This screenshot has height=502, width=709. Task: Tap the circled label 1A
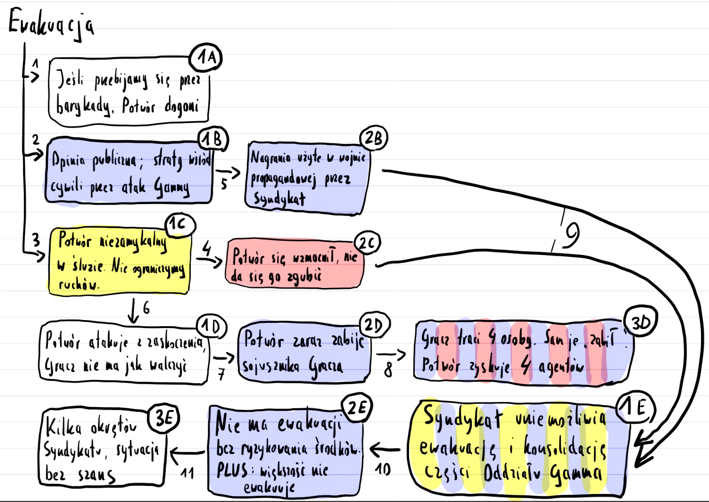coord(206,58)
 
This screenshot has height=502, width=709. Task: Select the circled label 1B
coord(213,139)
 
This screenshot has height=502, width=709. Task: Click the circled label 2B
coord(373,138)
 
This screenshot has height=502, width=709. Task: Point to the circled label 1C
coord(179,225)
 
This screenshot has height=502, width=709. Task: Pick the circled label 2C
coord(367,243)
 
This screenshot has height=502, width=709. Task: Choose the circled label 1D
coord(211,327)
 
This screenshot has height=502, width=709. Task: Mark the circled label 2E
coord(357,408)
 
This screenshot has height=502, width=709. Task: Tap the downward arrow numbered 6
coord(133,310)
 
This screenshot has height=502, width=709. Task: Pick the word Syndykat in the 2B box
coord(279,199)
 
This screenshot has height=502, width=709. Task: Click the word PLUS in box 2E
coord(232,470)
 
